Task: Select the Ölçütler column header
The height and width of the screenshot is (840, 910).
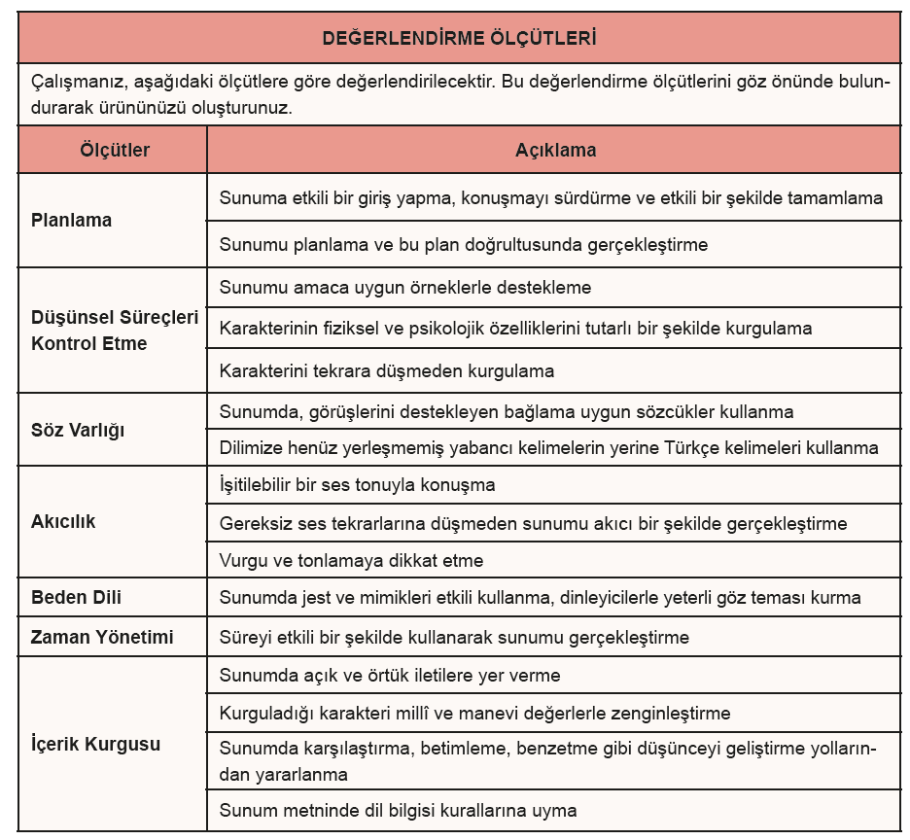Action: point(114,151)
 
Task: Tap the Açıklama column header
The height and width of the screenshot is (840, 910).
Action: point(555,151)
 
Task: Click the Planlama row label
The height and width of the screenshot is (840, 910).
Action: point(71,220)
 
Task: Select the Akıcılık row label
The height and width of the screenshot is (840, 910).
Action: point(63,521)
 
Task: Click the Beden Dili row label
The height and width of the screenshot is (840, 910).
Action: point(76,597)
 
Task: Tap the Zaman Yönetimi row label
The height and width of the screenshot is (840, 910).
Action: point(102,638)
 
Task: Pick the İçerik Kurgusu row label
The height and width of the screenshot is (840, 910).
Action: point(95,745)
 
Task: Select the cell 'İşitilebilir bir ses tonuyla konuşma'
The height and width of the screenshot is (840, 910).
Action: point(358,484)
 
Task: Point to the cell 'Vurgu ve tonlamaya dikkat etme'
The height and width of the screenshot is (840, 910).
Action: point(351,561)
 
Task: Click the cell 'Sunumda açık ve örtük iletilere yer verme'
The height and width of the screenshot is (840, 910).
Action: point(390,675)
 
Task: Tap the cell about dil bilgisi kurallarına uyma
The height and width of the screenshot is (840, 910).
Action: point(399,810)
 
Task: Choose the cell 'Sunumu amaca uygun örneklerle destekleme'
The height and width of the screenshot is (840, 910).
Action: point(405,288)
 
